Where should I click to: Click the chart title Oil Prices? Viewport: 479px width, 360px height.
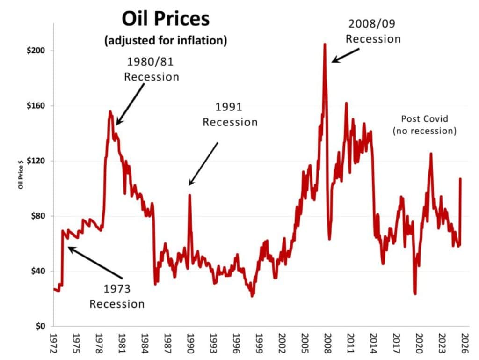(x=166, y=20)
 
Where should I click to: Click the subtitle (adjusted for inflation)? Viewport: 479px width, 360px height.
(x=166, y=41)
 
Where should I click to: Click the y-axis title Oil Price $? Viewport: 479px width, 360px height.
(x=21, y=174)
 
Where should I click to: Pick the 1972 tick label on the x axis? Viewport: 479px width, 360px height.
(x=54, y=344)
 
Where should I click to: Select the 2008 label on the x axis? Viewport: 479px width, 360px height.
(x=328, y=344)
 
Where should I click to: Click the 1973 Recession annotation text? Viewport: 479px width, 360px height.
(x=117, y=296)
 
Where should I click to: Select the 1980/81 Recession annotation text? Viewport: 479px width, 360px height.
(x=152, y=69)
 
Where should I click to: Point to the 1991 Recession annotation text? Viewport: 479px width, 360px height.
(x=230, y=115)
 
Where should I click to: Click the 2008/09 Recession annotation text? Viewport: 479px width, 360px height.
(x=373, y=31)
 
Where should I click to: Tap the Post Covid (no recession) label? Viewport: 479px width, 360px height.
(x=424, y=125)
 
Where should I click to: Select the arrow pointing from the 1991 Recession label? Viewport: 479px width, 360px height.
(x=203, y=164)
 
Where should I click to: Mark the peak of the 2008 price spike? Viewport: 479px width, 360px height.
(x=325, y=44)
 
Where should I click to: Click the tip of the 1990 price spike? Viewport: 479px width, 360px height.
(x=189, y=195)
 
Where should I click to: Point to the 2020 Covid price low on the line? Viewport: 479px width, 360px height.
(x=415, y=294)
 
